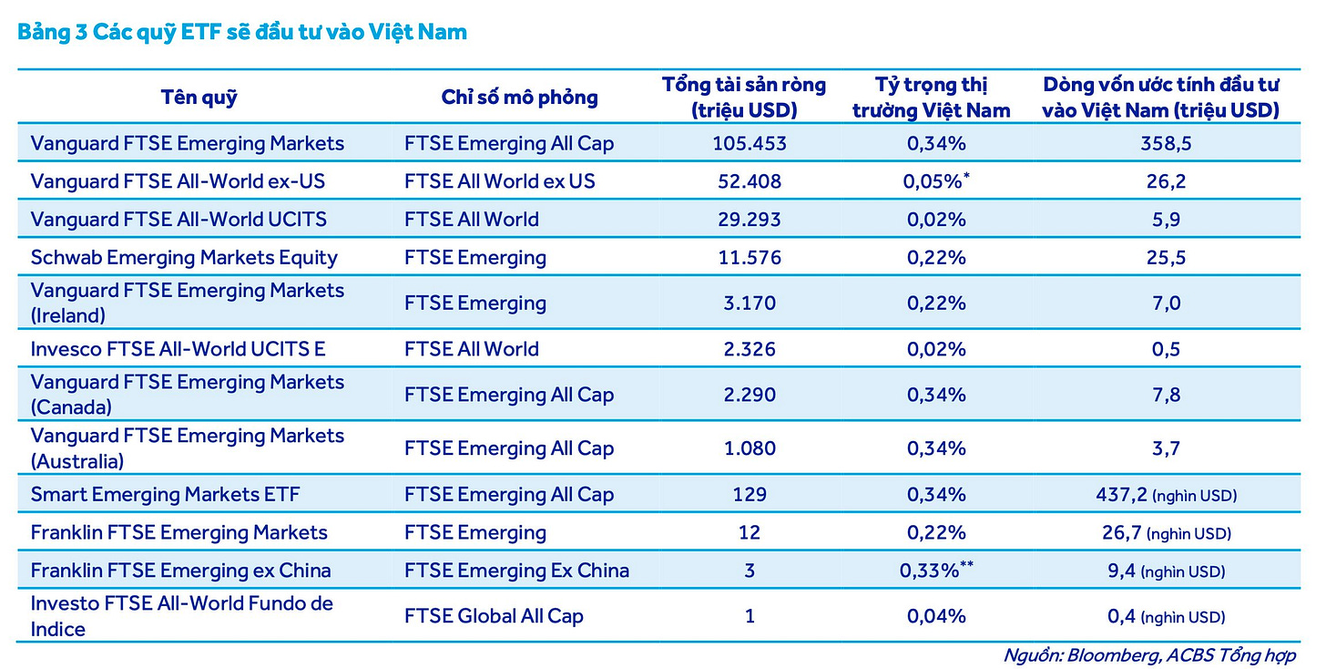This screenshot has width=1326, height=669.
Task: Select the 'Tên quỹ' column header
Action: point(199,98)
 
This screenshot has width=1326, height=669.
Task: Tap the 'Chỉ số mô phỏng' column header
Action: point(519,98)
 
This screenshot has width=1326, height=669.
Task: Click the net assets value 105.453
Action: point(750,144)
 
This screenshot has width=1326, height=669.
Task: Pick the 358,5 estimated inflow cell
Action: point(1166,144)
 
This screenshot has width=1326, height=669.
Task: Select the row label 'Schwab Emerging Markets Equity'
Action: point(184,258)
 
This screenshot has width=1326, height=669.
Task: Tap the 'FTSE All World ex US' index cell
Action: point(499,181)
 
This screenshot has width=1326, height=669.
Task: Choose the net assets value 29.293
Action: point(750,220)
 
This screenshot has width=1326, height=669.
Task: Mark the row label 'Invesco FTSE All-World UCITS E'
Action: point(178,349)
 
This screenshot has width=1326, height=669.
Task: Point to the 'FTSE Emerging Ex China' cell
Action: point(516,571)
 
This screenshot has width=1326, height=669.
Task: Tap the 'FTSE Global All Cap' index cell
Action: point(494,616)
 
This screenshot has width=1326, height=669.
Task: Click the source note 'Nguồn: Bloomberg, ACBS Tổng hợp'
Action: point(1149,655)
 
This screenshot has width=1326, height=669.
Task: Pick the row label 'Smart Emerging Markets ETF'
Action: point(165,495)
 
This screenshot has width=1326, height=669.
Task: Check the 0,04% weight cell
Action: point(936,616)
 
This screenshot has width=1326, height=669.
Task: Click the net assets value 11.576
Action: point(750,258)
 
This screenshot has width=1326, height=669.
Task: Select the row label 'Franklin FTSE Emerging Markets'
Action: point(178,532)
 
